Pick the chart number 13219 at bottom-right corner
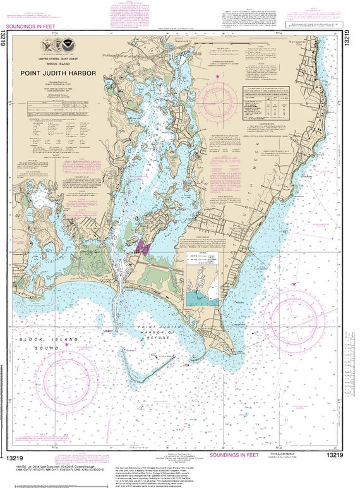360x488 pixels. click(x=335, y=456)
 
